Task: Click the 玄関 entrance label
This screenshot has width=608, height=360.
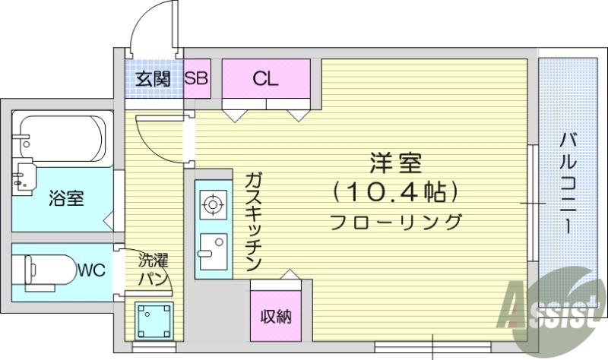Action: point(153,79)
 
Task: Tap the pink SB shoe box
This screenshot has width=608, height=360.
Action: point(198,78)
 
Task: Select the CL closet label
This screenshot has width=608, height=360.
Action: point(265,78)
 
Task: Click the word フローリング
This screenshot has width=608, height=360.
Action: point(395,223)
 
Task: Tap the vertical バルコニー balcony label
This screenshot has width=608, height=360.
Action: point(568,182)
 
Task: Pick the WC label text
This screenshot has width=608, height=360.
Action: point(91,269)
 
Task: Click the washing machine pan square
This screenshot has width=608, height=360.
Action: point(154,320)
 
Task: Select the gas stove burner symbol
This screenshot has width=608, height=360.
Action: point(212,204)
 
